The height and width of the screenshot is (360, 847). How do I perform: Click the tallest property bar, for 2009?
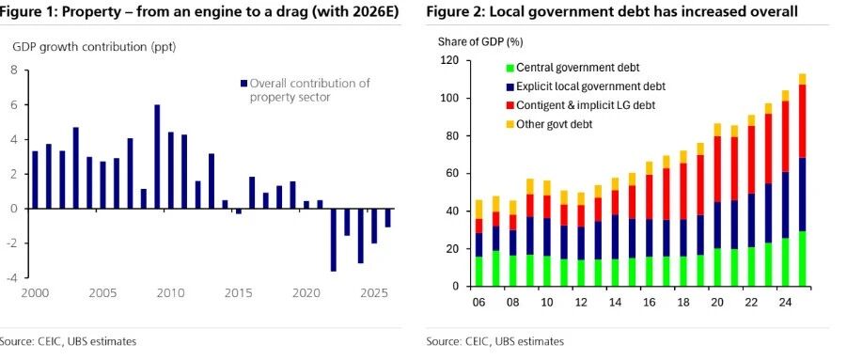click(157, 157)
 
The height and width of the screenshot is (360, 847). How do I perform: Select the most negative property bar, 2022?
click(334, 240)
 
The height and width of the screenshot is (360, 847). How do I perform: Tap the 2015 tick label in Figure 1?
click(239, 293)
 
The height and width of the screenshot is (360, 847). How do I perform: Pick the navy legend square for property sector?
click(243, 83)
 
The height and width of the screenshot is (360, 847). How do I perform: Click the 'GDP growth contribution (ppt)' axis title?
click(94, 47)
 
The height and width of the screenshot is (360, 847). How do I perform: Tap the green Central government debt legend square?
click(509, 68)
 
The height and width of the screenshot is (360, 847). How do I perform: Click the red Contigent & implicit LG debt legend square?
click(509, 106)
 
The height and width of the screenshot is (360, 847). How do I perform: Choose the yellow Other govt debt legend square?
click(509, 125)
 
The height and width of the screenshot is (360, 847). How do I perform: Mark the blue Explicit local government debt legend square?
click(509, 86)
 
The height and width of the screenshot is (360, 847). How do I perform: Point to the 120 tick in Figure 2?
click(451, 61)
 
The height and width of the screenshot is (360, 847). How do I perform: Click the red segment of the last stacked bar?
click(802, 121)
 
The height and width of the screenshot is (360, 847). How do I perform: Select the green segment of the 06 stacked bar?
click(478, 272)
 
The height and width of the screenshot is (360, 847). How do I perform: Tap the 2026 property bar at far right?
click(388, 217)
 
